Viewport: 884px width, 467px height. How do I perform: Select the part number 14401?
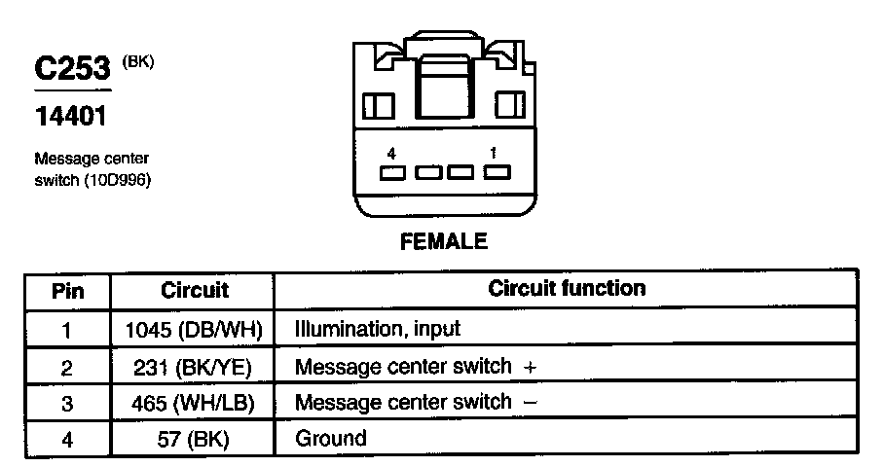(70, 116)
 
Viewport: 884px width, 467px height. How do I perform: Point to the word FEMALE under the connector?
(444, 241)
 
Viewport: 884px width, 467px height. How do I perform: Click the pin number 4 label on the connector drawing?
(391, 153)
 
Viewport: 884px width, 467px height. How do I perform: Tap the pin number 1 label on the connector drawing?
(494, 153)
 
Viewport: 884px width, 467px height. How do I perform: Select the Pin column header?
(67, 291)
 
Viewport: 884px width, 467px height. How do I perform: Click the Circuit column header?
(194, 290)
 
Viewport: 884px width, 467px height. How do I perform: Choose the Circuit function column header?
(566, 289)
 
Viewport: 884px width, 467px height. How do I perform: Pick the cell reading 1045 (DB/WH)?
(194, 330)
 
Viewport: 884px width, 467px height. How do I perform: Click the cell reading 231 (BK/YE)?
(194, 367)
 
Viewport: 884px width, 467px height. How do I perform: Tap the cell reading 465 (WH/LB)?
(194, 403)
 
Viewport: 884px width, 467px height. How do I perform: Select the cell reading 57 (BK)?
(193, 439)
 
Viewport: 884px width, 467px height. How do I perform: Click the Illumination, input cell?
(377, 330)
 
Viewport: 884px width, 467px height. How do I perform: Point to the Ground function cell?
(330, 439)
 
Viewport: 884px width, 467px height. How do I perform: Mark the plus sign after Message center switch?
(530, 368)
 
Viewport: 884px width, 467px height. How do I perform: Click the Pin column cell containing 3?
(67, 403)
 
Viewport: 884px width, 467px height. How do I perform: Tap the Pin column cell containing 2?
(67, 367)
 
